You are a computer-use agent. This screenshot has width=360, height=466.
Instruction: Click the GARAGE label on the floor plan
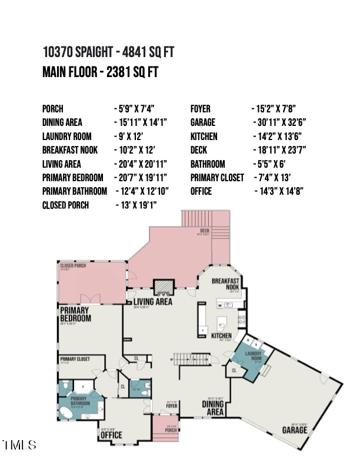pyautogui.click(x=294, y=430)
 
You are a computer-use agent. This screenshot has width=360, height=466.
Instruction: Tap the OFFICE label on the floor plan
pyautogui.click(x=111, y=435)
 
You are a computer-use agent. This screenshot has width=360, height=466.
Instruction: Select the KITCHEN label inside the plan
pyautogui.click(x=222, y=335)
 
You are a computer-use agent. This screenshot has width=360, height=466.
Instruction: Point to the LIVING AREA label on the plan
pyautogui.click(x=152, y=302)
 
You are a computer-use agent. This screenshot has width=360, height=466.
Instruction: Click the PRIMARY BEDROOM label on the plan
pyautogui.click(x=75, y=314)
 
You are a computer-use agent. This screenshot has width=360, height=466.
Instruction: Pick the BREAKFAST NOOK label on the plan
pyautogui.click(x=226, y=284)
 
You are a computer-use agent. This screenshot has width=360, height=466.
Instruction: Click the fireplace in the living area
pyautogui.click(x=161, y=287)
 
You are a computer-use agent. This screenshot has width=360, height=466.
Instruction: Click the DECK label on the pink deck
pyautogui.click(x=205, y=231)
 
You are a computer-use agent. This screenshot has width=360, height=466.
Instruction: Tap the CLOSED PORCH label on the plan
pyautogui.click(x=74, y=266)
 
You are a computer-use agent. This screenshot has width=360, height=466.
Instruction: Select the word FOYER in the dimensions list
pyautogui.click(x=201, y=109)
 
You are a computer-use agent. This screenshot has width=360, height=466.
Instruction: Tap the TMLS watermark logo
pyautogui.click(x=19, y=445)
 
